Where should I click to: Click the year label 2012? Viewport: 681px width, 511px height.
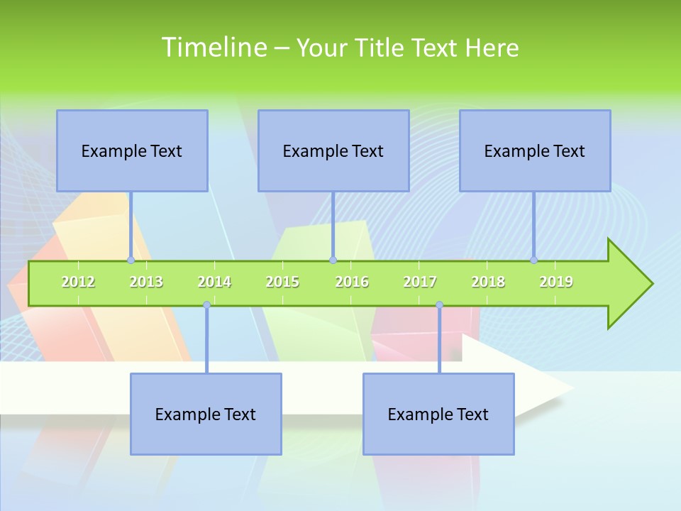pos(78,282)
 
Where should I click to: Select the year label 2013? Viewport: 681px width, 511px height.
pos(146,282)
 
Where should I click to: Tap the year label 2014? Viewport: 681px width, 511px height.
pos(214,282)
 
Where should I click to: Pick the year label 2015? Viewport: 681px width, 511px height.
pos(282,282)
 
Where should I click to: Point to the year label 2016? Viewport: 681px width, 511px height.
pos(352,282)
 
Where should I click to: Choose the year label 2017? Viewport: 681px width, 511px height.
pos(420,282)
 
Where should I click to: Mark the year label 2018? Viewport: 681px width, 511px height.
pos(488,282)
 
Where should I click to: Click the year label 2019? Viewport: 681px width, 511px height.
pos(556,282)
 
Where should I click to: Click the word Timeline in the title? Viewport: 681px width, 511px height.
pos(214,48)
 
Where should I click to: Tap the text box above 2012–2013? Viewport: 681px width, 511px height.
pos(132,150)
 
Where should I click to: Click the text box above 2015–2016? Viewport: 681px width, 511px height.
pos(333,150)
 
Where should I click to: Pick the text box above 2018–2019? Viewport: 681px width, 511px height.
pos(535,150)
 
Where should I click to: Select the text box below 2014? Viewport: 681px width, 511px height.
pos(206,414)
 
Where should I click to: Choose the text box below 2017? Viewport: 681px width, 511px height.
pos(438,414)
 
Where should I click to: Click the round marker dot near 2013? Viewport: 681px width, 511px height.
pos(131,260)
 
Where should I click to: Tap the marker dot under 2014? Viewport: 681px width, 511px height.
pos(206,304)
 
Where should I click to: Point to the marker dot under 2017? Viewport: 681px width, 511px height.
pos(439,304)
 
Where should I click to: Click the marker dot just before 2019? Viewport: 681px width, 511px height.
pos(533,260)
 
